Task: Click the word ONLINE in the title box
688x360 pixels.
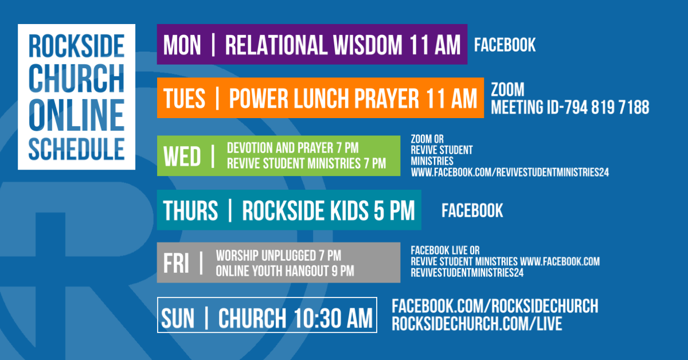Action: point(76,115)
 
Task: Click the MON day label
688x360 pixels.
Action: point(182,45)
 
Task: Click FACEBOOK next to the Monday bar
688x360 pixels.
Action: point(505,45)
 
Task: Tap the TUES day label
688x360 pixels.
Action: point(184,99)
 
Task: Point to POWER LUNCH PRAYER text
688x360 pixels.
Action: point(324,99)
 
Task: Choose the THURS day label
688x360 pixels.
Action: point(190,211)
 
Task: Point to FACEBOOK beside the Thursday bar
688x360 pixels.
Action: point(472,210)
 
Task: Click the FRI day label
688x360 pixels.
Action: point(175,263)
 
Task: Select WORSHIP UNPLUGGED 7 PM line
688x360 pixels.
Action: point(278,256)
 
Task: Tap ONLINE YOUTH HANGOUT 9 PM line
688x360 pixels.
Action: point(284,271)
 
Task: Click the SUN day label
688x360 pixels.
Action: point(178,319)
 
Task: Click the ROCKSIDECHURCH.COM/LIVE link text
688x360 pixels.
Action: point(476,324)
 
